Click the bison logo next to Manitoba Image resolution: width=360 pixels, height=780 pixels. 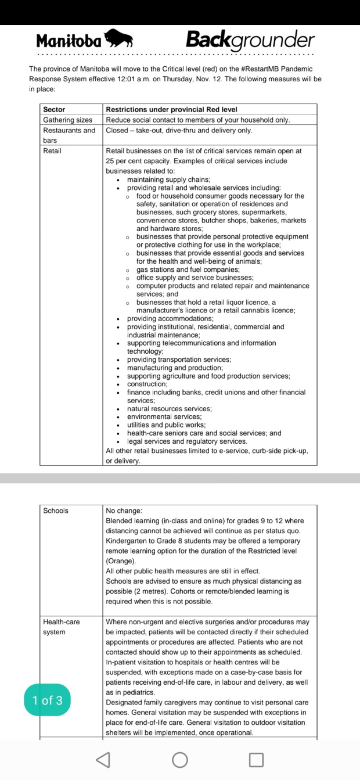118,39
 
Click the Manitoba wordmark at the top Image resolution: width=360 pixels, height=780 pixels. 69,41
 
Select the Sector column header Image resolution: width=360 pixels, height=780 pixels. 54,109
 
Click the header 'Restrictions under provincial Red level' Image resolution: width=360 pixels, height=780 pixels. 171,109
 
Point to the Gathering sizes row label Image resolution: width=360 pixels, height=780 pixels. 67,120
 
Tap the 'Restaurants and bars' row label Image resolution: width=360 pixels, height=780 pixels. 69,135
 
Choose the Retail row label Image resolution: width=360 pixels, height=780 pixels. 52,151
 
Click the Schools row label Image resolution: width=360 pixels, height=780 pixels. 56,511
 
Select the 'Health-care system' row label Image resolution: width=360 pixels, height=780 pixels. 61,627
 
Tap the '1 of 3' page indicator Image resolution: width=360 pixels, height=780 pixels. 48,700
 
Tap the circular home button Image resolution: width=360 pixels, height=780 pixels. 180,759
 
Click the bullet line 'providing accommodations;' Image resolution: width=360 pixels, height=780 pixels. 170,318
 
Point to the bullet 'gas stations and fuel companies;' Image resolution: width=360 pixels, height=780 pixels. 179,269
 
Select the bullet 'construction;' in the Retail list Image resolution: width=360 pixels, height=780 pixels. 147,384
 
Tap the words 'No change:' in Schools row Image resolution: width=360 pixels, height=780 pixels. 124,511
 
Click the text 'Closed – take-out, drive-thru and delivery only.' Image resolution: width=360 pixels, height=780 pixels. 179,131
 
